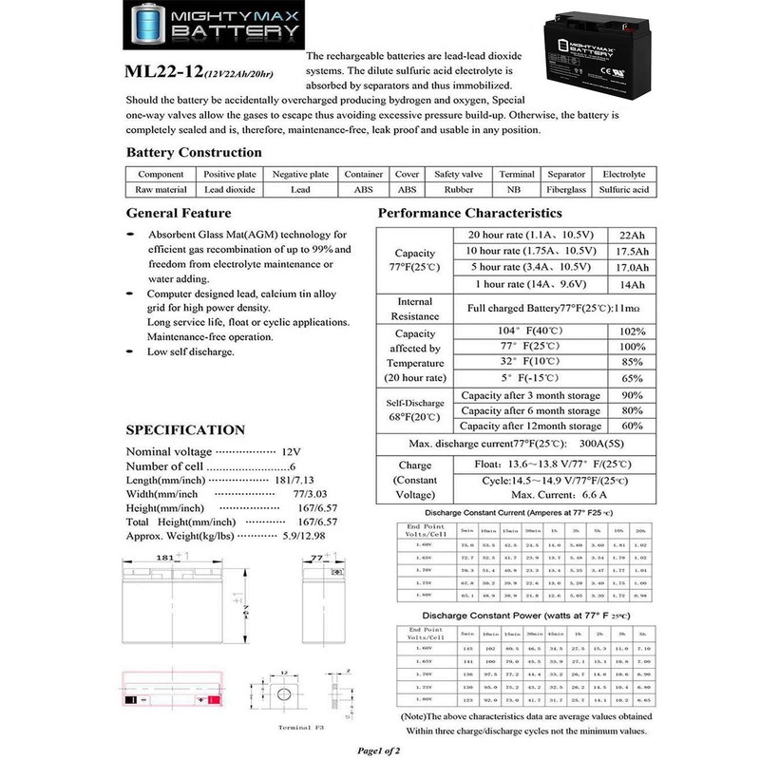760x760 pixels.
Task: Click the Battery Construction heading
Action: click(x=194, y=152)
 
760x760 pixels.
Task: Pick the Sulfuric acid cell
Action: click(x=623, y=189)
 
